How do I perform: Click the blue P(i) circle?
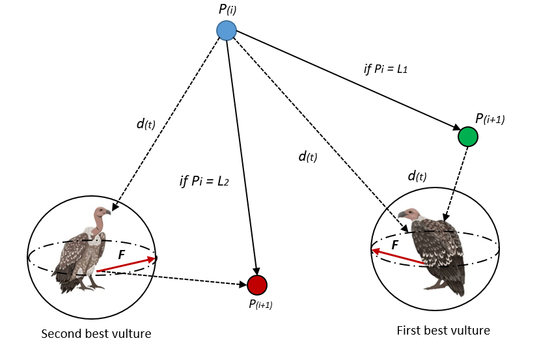pyautogui.click(x=226, y=31)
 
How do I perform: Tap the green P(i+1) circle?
pyautogui.click(x=468, y=137)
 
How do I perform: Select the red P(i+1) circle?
pyautogui.click(x=257, y=284)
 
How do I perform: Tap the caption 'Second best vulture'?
pyautogui.click(x=96, y=334)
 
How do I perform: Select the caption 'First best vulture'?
pyautogui.click(x=443, y=331)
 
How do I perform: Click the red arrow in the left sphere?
pyautogui.click(x=126, y=264)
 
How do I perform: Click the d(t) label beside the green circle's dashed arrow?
pyautogui.click(x=417, y=176)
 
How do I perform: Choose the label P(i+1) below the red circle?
pyautogui.click(x=260, y=303)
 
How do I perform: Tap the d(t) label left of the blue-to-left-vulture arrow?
pyautogui.click(x=146, y=123)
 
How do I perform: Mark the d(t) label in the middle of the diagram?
pyautogui.click(x=307, y=156)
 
